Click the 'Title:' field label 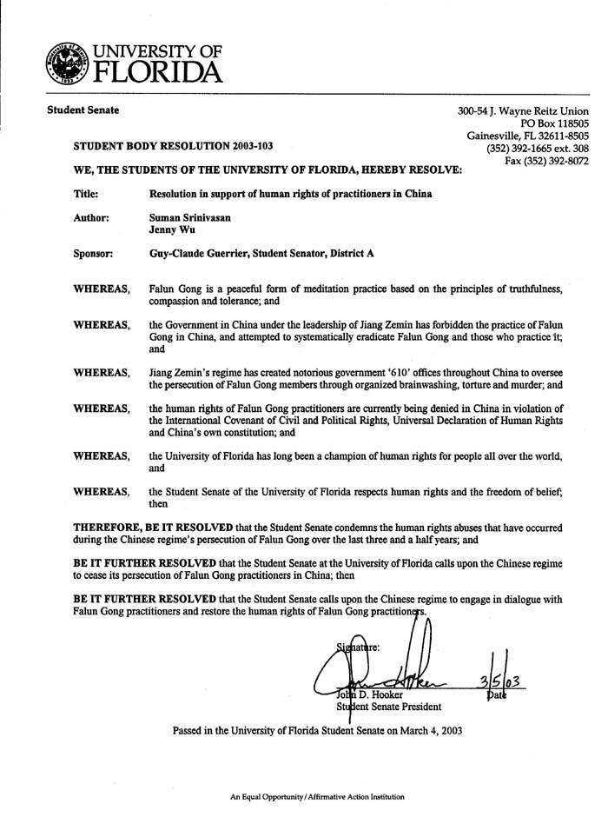[86, 193]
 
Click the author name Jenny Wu [173, 232]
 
